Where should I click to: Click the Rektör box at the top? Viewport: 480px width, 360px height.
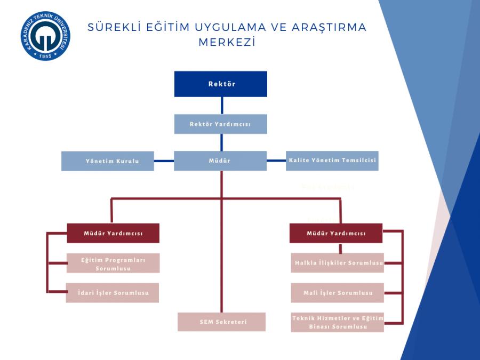pyautogui.click(x=220, y=84)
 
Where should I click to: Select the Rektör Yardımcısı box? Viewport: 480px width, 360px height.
pyautogui.click(x=220, y=124)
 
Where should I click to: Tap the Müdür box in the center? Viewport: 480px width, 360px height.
pyautogui.click(x=220, y=161)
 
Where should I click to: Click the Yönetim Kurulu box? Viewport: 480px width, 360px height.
pyautogui.click(x=107, y=161)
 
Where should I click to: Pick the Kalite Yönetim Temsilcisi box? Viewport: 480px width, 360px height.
pyautogui.click(x=333, y=161)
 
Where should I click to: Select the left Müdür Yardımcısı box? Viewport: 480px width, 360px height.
pyautogui.click(x=113, y=233)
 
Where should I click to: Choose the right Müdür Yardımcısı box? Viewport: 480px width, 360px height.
pyautogui.click(x=336, y=233)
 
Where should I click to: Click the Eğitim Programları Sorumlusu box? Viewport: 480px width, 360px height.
pyautogui.click(x=113, y=263)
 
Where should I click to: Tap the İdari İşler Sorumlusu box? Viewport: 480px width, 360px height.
pyautogui.click(x=113, y=293)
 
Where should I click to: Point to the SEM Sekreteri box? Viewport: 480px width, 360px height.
pyautogui.click(x=221, y=322)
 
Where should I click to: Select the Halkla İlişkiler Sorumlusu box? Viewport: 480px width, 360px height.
pyautogui.click(x=338, y=262)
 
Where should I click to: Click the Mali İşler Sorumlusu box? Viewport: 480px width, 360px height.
pyautogui.click(x=338, y=293)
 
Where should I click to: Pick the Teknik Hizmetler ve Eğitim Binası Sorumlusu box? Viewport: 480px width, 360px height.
pyautogui.click(x=338, y=322)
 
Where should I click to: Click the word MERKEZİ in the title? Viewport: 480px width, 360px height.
pyautogui.click(x=227, y=43)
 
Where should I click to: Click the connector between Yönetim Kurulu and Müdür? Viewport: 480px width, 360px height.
pyautogui.click(x=164, y=160)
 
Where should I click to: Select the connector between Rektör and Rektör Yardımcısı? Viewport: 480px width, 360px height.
pyautogui.click(x=221, y=106)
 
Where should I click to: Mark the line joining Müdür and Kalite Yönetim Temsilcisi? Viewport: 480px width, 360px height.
pyautogui.click(x=276, y=160)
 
